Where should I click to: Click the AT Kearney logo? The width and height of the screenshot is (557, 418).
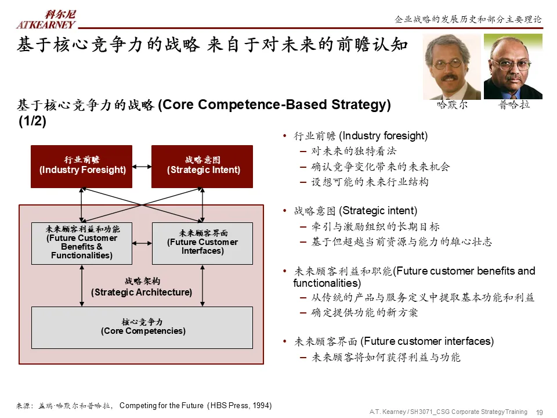(46, 19)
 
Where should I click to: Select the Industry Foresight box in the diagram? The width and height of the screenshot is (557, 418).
(81, 166)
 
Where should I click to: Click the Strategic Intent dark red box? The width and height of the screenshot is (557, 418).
(202, 166)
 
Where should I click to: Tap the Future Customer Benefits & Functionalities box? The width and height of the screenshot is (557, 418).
(81, 243)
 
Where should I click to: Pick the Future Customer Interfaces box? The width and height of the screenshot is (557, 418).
(202, 243)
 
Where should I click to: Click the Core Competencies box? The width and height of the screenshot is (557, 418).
(142, 327)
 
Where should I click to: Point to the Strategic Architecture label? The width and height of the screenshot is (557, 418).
(142, 287)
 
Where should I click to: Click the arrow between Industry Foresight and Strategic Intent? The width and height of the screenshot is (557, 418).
(142, 167)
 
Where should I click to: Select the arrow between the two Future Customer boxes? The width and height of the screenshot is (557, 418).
(142, 243)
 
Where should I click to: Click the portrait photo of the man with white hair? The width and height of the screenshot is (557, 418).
(451, 67)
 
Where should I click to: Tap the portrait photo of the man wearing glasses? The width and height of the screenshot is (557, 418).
(513, 66)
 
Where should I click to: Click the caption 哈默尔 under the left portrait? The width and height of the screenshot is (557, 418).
(451, 106)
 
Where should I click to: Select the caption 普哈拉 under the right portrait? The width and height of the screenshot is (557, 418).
(514, 106)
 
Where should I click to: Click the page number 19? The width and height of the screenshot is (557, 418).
(539, 412)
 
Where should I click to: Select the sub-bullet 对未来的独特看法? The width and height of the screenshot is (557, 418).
(354, 152)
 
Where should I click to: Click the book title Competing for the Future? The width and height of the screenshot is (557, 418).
(161, 405)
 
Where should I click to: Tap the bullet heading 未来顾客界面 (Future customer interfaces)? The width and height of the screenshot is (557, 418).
(394, 341)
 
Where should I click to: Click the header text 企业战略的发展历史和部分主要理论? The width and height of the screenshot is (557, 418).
(468, 19)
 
